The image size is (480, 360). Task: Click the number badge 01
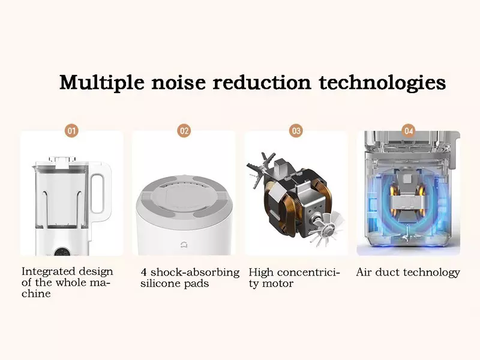coord(71,131)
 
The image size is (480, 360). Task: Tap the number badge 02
coord(184,131)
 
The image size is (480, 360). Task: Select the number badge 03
coord(296,131)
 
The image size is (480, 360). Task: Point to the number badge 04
coord(409,131)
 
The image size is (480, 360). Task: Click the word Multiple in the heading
coord(101,83)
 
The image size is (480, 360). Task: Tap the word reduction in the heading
coord(262,83)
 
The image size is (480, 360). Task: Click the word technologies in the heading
coord(382,83)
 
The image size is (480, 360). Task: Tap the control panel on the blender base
coord(63,252)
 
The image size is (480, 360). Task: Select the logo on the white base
coord(184,244)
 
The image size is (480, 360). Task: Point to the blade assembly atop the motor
coord(258,169)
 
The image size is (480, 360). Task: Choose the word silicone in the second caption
coord(160,283)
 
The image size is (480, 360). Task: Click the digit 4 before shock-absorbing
coord(144,272)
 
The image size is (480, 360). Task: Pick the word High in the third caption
coord(261,272)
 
